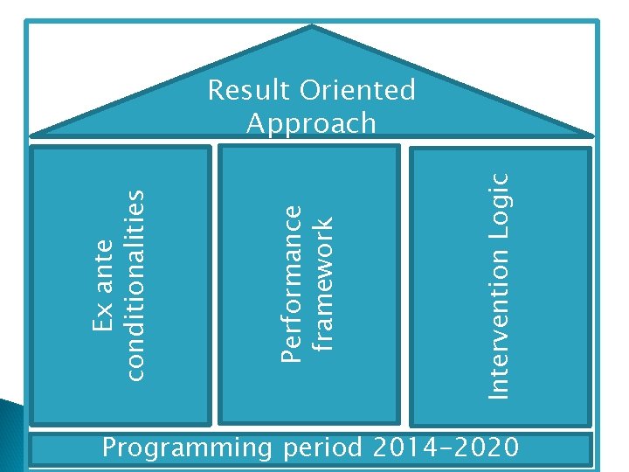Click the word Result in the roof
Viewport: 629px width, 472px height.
pyautogui.click(x=249, y=90)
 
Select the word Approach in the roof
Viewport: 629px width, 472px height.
pyautogui.click(x=311, y=123)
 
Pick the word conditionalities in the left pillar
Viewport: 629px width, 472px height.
pyautogui.click(x=133, y=274)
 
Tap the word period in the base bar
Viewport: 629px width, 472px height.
pyautogui.click(x=323, y=449)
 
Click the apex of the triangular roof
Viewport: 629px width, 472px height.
pyautogui.click(x=312, y=27)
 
